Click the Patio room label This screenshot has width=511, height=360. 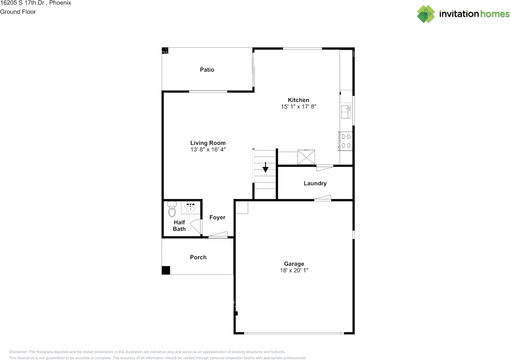click(x=207, y=70)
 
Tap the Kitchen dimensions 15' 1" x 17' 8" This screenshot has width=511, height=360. click(x=298, y=107)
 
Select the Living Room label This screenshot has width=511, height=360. click(x=208, y=143)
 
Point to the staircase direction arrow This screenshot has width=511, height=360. click(x=265, y=167)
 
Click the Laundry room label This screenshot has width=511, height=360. click(x=315, y=183)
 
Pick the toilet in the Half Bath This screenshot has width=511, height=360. click(x=172, y=209)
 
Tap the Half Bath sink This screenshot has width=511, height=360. click(x=190, y=207)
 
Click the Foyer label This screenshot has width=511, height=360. click(x=217, y=217)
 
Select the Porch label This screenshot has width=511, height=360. click(x=198, y=257)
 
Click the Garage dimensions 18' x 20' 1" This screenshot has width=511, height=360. click(x=294, y=270)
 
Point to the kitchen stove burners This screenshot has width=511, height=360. click(x=345, y=141)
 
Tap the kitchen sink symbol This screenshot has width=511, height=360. click(x=346, y=112)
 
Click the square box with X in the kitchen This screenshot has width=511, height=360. click(x=306, y=157)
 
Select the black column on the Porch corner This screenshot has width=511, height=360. click(x=166, y=270)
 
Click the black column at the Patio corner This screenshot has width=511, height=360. click(x=165, y=50)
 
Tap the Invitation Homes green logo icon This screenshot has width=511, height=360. click(x=426, y=14)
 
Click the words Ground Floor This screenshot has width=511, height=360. click(x=18, y=12)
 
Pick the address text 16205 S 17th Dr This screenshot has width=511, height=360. click(x=22, y=3)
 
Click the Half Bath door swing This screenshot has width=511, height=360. click(x=196, y=227)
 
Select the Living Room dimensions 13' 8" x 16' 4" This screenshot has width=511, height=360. click(x=208, y=149)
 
